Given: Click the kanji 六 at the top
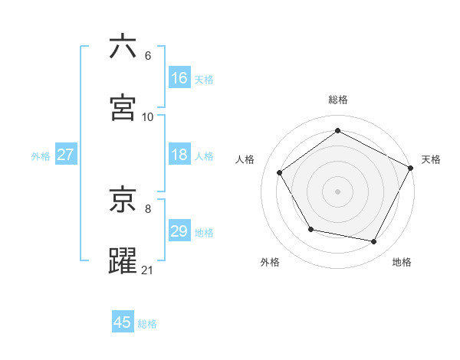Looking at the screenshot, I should pyautogui.click(x=123, y=47).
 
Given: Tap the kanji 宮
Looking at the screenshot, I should pyautogui.click(x=123, y=108).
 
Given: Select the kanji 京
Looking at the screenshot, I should pyautogui.click(x=123, y=201).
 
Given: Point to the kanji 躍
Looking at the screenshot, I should pyautogui.click(x=123, y=262).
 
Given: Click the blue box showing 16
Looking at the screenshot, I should pyautogui.click(x=179, y=78).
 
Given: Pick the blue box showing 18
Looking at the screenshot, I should pyautogui.click(x=179, y=155).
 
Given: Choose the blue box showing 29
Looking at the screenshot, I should pyautogui.click(x=179, y=231).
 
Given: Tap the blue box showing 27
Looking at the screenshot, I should pyautogui.click(x=65, y=155).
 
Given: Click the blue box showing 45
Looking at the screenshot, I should pyautogui.click(x=123, y=322).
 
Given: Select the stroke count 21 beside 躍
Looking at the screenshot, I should pyautogui.click(x=148, y=270).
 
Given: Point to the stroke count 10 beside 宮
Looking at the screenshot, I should pyautogui.click(x=148, y=116).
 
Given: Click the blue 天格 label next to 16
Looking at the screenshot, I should pyautogui.click(x=204, y=79).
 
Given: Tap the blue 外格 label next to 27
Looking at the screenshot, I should pyautogui.click(x=41, y=155).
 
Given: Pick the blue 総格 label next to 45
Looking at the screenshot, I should pyautogui.click(x=147, y=323).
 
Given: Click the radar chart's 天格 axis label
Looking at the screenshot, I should pyautogui.click(x=431, y=159).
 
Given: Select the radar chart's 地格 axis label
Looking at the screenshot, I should pyautogui.click(x=402, y=262).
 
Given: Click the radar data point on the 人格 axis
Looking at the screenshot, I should pyautogui.click(x=280, y=172).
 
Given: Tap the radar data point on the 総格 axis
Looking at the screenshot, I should pyautogui.click(x=337, y=130).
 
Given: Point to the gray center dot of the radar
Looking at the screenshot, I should pyautogui.click(x=337, y=191).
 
